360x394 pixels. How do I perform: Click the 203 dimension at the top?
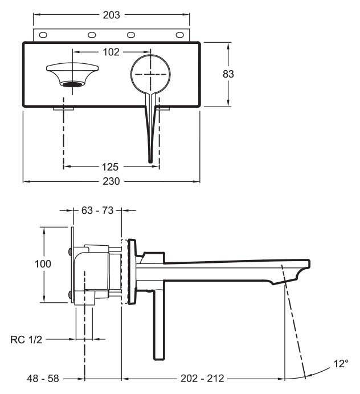click(111, 15)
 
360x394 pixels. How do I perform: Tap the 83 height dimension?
click(229, 74)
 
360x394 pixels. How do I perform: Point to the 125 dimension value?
click(111, 167)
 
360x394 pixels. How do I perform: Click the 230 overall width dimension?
click(111, 182)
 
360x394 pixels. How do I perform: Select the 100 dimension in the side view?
click(43, 264)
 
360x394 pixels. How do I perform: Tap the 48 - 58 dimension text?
click(44, 378)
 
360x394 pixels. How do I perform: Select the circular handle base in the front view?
click(150, 74)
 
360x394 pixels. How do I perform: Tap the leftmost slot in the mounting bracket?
click(43, 35)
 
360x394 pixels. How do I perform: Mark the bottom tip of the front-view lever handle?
click(150, 161)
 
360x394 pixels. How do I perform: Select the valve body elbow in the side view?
click(91, 268)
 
